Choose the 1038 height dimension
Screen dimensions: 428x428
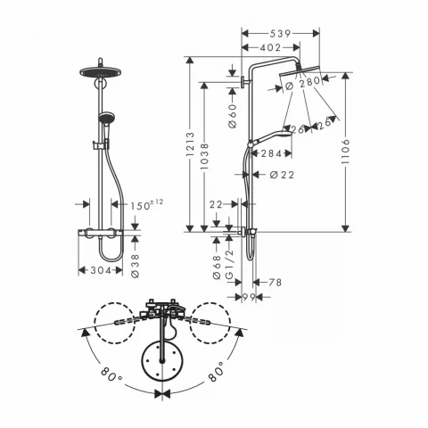[204, 158]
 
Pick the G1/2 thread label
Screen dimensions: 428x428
[230, 267]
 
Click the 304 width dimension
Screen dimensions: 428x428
[100, 270]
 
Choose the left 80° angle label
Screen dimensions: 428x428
[111, 377]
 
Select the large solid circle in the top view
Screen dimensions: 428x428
[161, 359]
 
